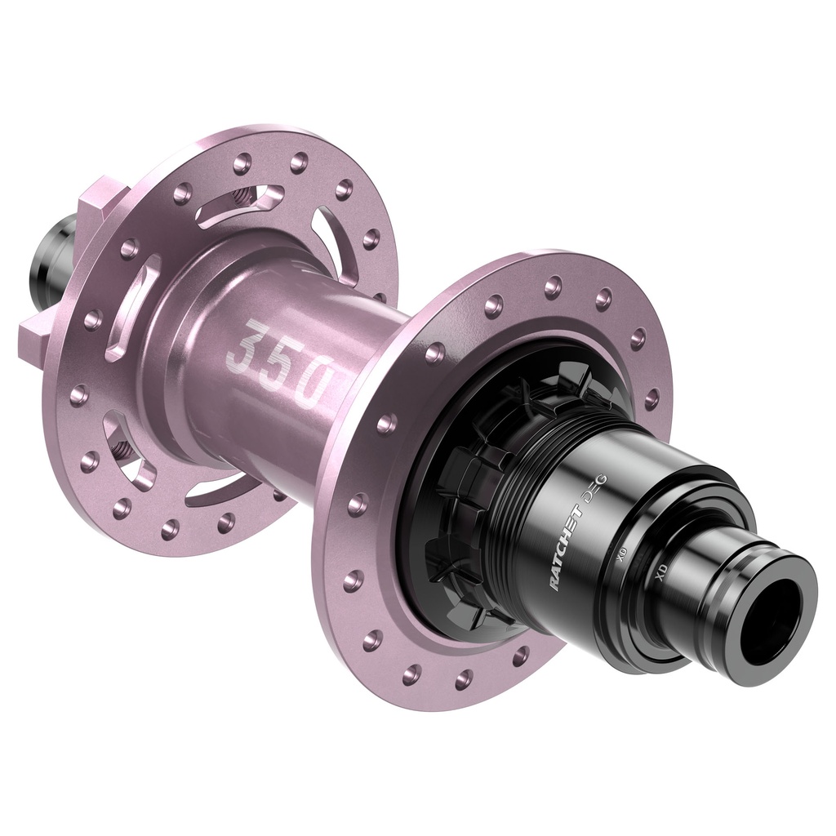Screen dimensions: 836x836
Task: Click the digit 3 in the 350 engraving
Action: (x=245, y=345)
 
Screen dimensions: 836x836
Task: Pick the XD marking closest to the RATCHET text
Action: (x=622, y=556)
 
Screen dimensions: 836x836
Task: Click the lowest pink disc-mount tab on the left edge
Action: (x=37, y=334)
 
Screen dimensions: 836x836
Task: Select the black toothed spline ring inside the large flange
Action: (x=465, y=506)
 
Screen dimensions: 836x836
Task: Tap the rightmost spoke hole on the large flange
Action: (x=651, y=399)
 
